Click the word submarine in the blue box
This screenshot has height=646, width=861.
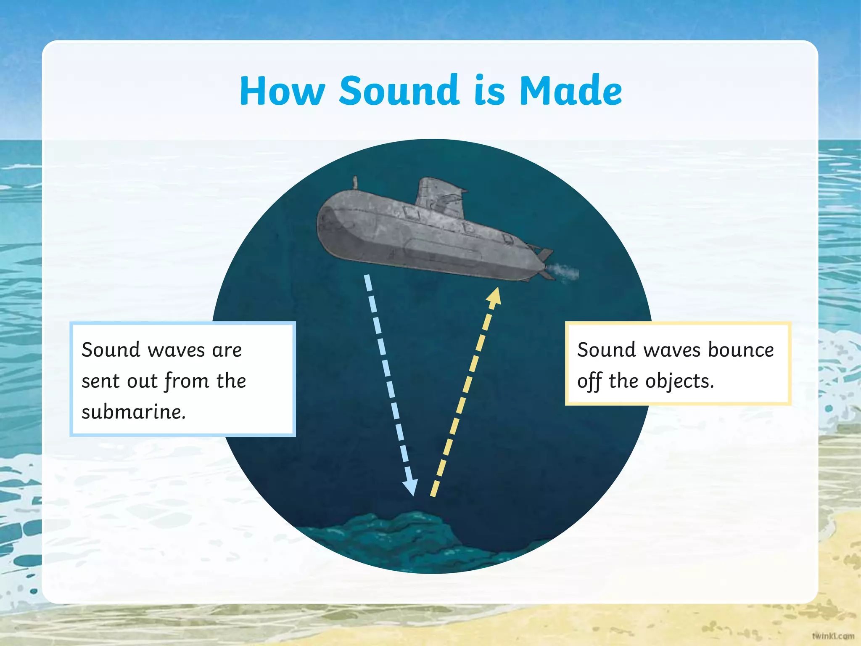133,412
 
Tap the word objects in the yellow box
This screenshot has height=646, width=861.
679,381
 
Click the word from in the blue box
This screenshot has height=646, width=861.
187,381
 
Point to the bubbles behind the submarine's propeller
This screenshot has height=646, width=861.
565,273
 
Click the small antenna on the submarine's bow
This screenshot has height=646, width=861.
355,183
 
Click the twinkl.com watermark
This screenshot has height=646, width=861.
833,635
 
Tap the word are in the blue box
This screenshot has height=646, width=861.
227,350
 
